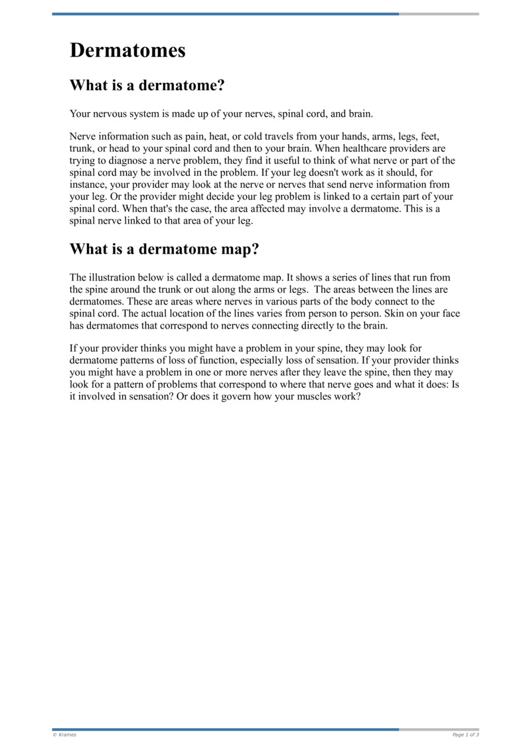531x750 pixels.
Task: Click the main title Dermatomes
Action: click(127, 50)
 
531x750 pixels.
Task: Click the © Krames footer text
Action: click(64, 735)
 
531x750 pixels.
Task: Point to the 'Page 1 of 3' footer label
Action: click(465, 735)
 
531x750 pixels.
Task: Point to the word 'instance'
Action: click(88, 185)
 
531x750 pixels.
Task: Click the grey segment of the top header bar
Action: click(439, 14)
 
